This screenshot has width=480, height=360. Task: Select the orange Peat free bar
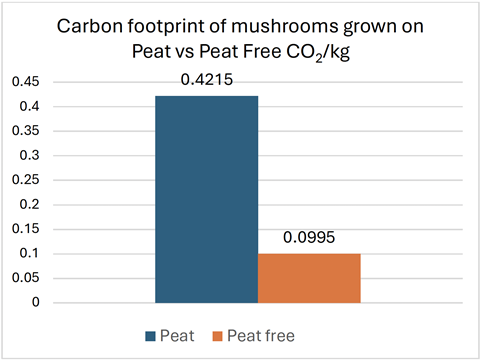(309, 277)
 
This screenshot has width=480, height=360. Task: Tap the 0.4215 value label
(207, 77)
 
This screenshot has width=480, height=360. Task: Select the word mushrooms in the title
(264, 25)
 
